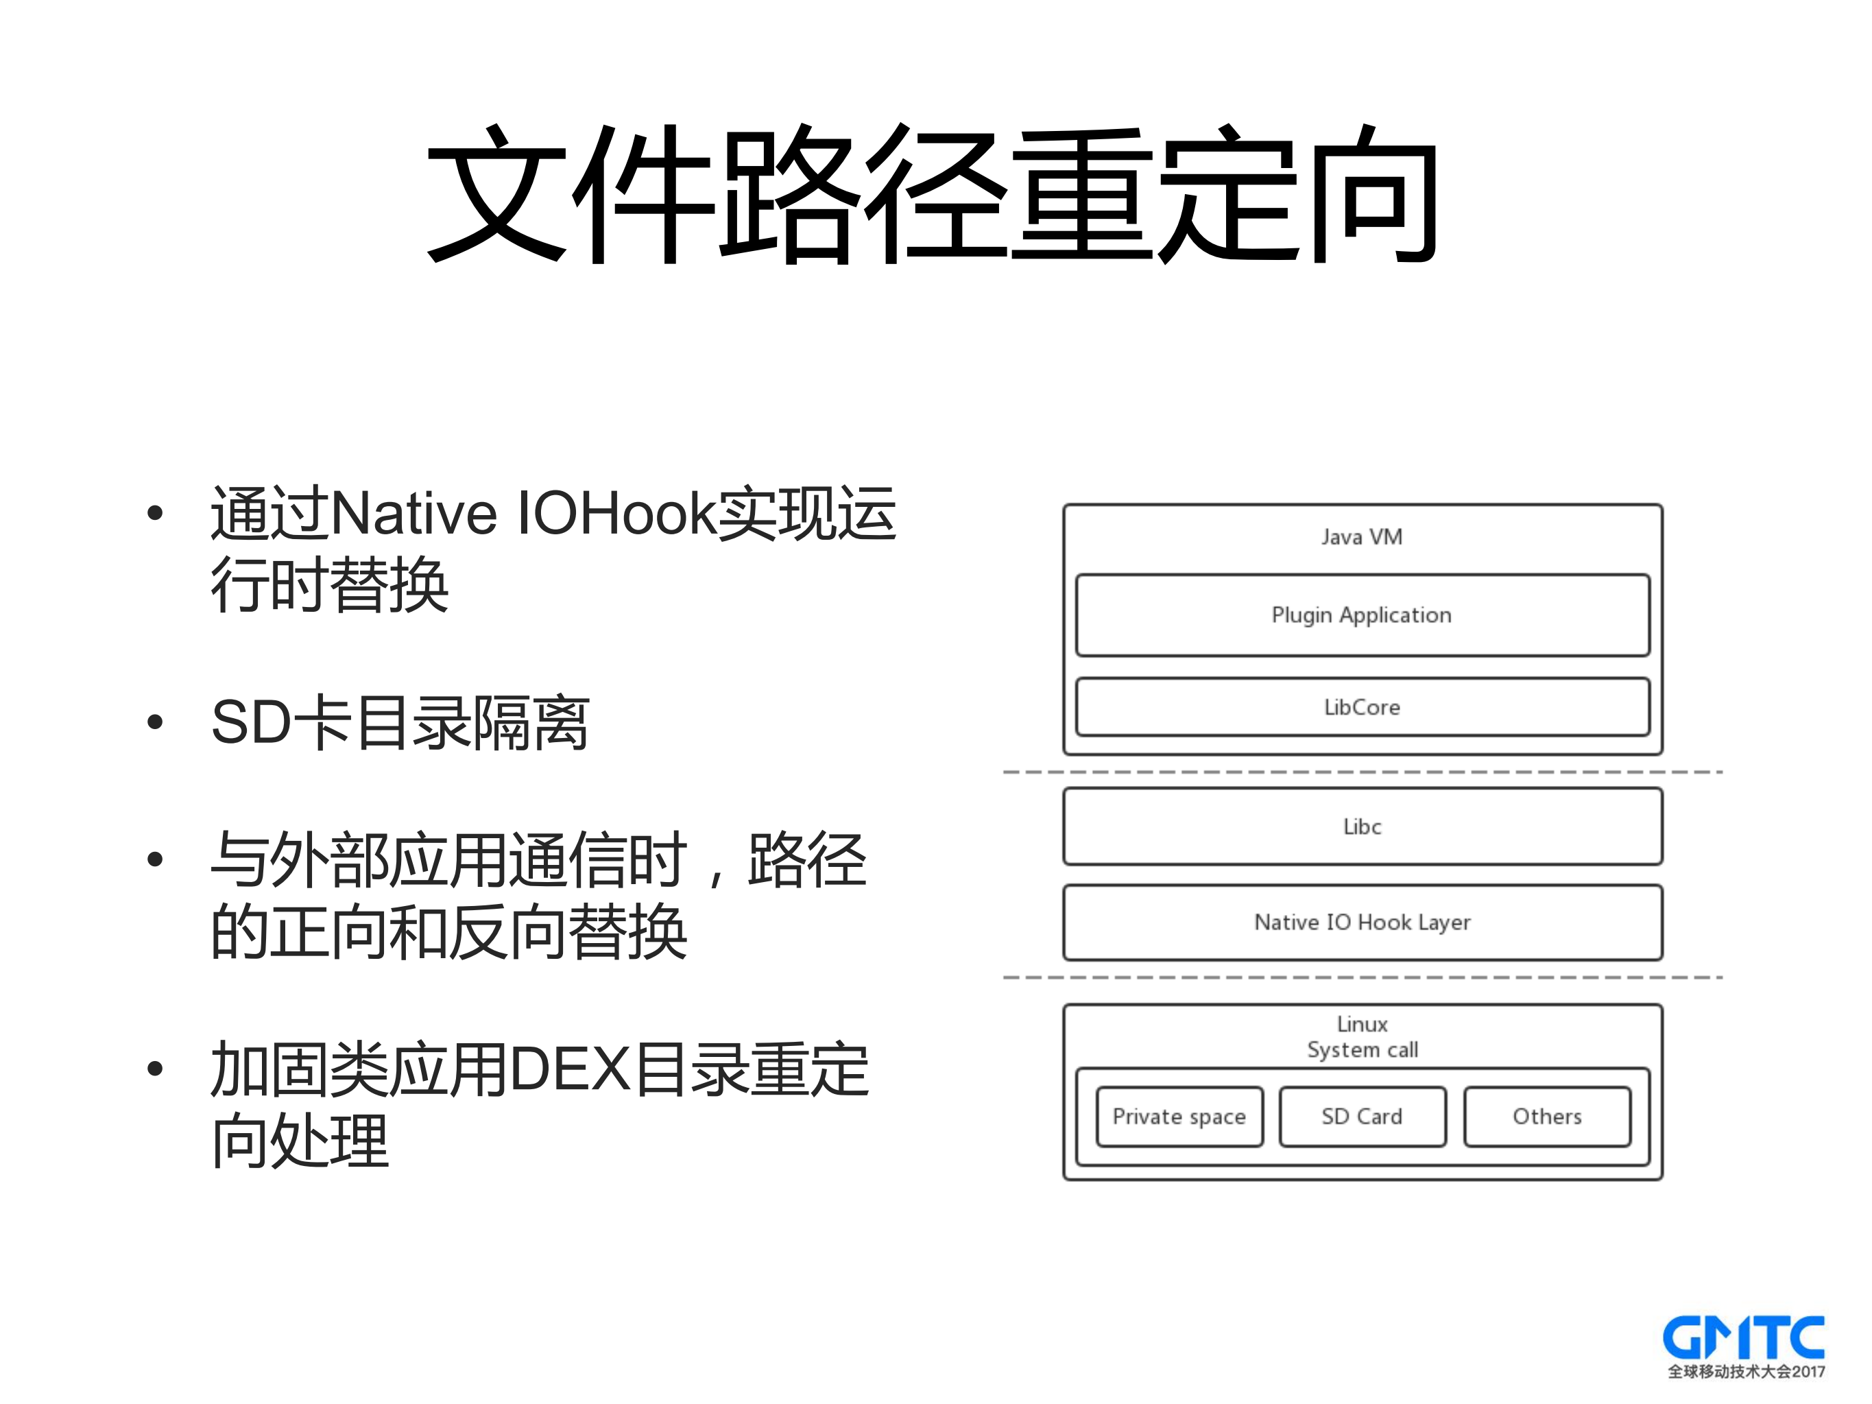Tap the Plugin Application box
(x=1362, y=615)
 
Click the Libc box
(x=1362, y=826)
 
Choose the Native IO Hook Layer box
(x=1362, y=922)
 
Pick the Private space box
(x=1179, y=1117)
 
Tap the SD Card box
(x=1362, y=1117)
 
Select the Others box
(x=1546, y=1117)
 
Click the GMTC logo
(x=1743, y=1338)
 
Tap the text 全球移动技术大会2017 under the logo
(x=1746, y=1372)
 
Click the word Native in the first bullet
(x=414, y=514)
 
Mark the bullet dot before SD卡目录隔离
(x=154, y=722)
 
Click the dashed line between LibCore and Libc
(x=1362, y=772)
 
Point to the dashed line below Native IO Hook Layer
(x=1362, y=977)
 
